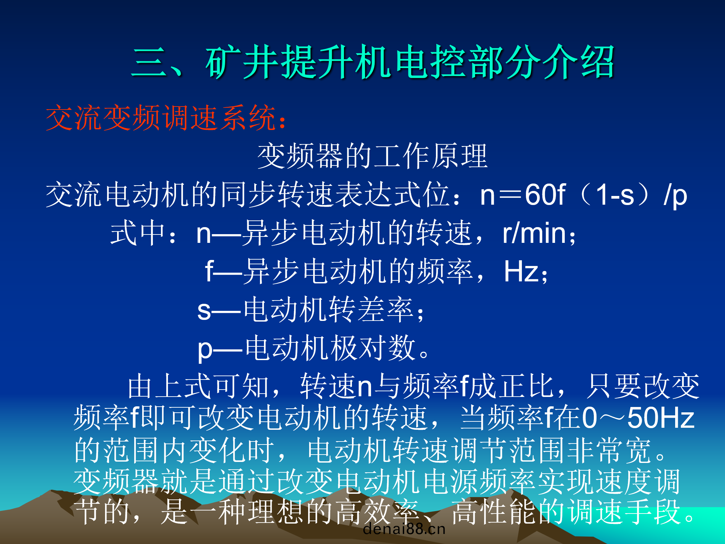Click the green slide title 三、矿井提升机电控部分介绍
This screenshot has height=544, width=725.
click(373, 62)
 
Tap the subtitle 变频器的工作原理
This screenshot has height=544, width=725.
click(372, 156)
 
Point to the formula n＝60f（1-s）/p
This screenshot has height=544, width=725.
click(583, 195)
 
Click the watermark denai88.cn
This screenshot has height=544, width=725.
click(404, 529)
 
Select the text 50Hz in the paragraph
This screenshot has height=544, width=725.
click(661, 418)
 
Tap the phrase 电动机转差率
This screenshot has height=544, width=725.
click(328, 310)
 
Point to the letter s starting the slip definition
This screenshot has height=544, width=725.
click(204, 311)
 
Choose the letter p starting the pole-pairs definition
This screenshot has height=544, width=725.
click(205, 350)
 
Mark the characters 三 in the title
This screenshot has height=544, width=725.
click(149, 62)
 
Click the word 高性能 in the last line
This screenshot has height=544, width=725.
click(493, 512)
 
